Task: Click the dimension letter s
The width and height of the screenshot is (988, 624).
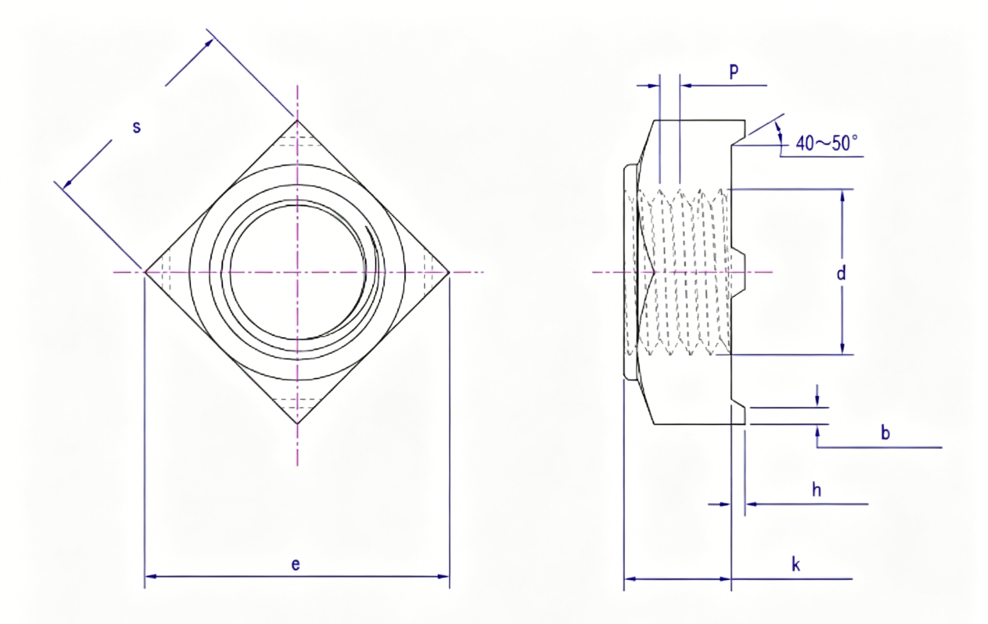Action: (137, 127)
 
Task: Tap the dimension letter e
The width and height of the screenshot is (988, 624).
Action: (295, 565)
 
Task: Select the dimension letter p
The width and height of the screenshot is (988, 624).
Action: (733, 71)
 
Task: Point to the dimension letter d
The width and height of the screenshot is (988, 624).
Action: (841, 273)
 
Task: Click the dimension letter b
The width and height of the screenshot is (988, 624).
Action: (885, 433)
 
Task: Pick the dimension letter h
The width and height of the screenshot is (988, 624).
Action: (816, 489)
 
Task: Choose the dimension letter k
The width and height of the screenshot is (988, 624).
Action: (796, 565)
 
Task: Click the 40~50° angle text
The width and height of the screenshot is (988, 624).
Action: (826, 143)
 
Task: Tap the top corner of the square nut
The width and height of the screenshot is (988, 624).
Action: (297, 120)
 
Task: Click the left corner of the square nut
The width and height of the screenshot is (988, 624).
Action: (145, 272)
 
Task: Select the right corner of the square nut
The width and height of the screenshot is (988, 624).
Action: (449, 272)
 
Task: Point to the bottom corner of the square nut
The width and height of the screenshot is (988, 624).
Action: (297, 423)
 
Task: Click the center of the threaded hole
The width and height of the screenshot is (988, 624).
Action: (297, 272)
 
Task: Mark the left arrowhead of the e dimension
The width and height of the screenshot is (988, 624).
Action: (151, 576)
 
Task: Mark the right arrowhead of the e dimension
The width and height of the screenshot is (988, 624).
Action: (444, 576)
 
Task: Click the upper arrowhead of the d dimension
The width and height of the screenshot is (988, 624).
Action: (843, 196)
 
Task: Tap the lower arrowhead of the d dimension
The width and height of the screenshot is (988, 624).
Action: (843, 348)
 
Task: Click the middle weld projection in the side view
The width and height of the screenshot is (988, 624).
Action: (738, 272)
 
